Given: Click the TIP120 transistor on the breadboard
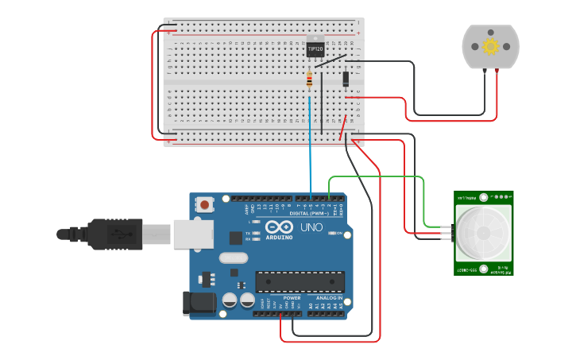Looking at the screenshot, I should click(315, 48).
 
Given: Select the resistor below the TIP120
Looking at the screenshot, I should click(309, 78).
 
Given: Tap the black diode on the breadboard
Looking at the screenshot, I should click(346, 79).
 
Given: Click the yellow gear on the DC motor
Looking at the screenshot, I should click(490, 46).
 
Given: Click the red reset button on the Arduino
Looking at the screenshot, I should click(205, 204).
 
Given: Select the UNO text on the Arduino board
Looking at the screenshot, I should click(311, 227).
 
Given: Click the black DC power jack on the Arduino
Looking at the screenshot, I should click(199, 303).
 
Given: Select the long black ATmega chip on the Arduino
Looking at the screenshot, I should click(300, 281).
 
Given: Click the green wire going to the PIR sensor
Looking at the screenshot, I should click(377, 176).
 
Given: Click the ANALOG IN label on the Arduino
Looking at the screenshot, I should click(327, 298).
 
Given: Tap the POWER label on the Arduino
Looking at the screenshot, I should click(281, 298).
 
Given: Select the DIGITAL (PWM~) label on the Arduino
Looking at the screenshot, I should click(311, 213).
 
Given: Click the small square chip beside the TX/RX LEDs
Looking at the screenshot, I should click(236, 237).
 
